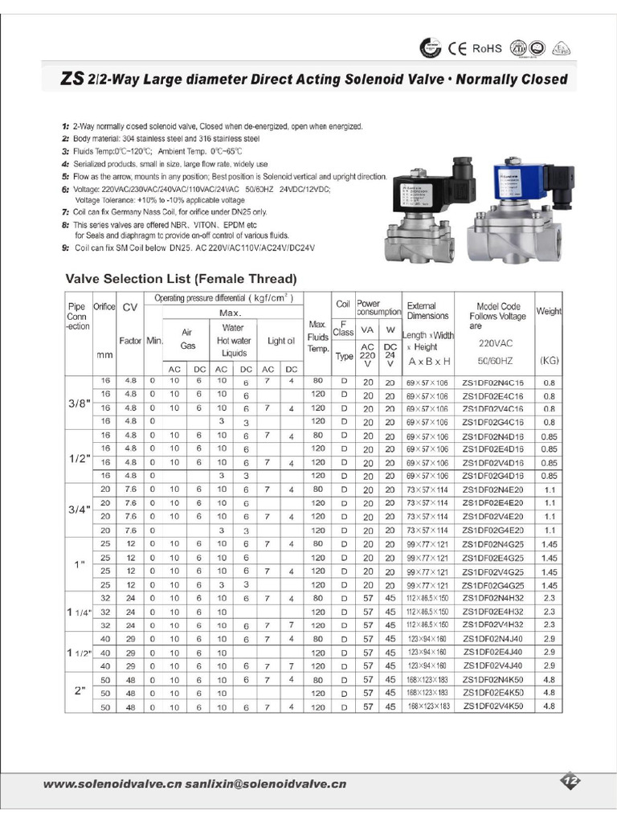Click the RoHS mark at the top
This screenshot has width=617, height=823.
486,49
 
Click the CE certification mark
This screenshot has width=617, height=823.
458,49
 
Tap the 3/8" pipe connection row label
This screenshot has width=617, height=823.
77,403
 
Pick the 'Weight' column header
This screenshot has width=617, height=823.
550,311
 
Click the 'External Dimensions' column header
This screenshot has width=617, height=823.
427,311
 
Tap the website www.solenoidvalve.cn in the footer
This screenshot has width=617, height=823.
112,784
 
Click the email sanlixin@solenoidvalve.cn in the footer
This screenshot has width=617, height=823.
266,784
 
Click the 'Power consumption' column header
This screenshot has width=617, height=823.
378,308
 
